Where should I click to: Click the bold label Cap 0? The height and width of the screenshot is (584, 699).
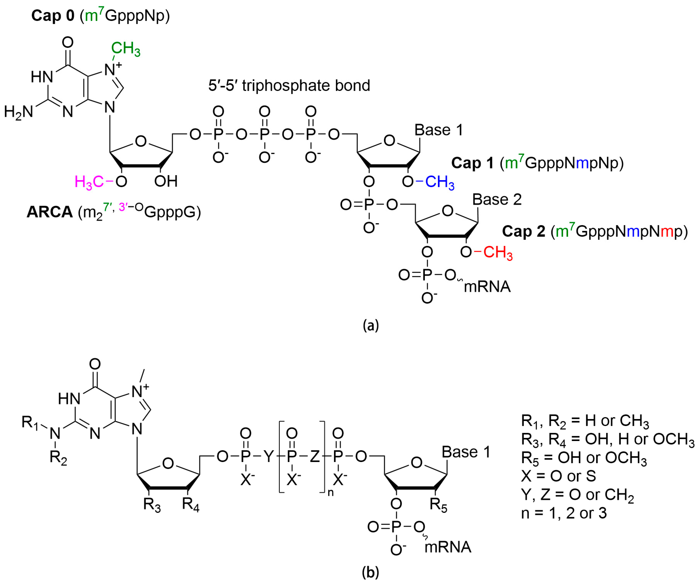[53, 16]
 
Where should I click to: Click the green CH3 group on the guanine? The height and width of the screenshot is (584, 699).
[125, 49]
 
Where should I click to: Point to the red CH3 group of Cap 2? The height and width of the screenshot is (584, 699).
[498, 253]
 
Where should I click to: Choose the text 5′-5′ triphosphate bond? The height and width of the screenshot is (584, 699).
[289, 86]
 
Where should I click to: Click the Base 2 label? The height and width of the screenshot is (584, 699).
[497, 200]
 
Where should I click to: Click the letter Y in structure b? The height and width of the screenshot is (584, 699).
[268, 457]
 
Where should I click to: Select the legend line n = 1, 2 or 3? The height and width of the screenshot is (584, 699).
[564, 513]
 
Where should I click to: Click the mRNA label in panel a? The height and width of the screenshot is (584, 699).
[487, 287]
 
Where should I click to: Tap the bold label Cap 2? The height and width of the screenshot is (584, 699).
[523, 231]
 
